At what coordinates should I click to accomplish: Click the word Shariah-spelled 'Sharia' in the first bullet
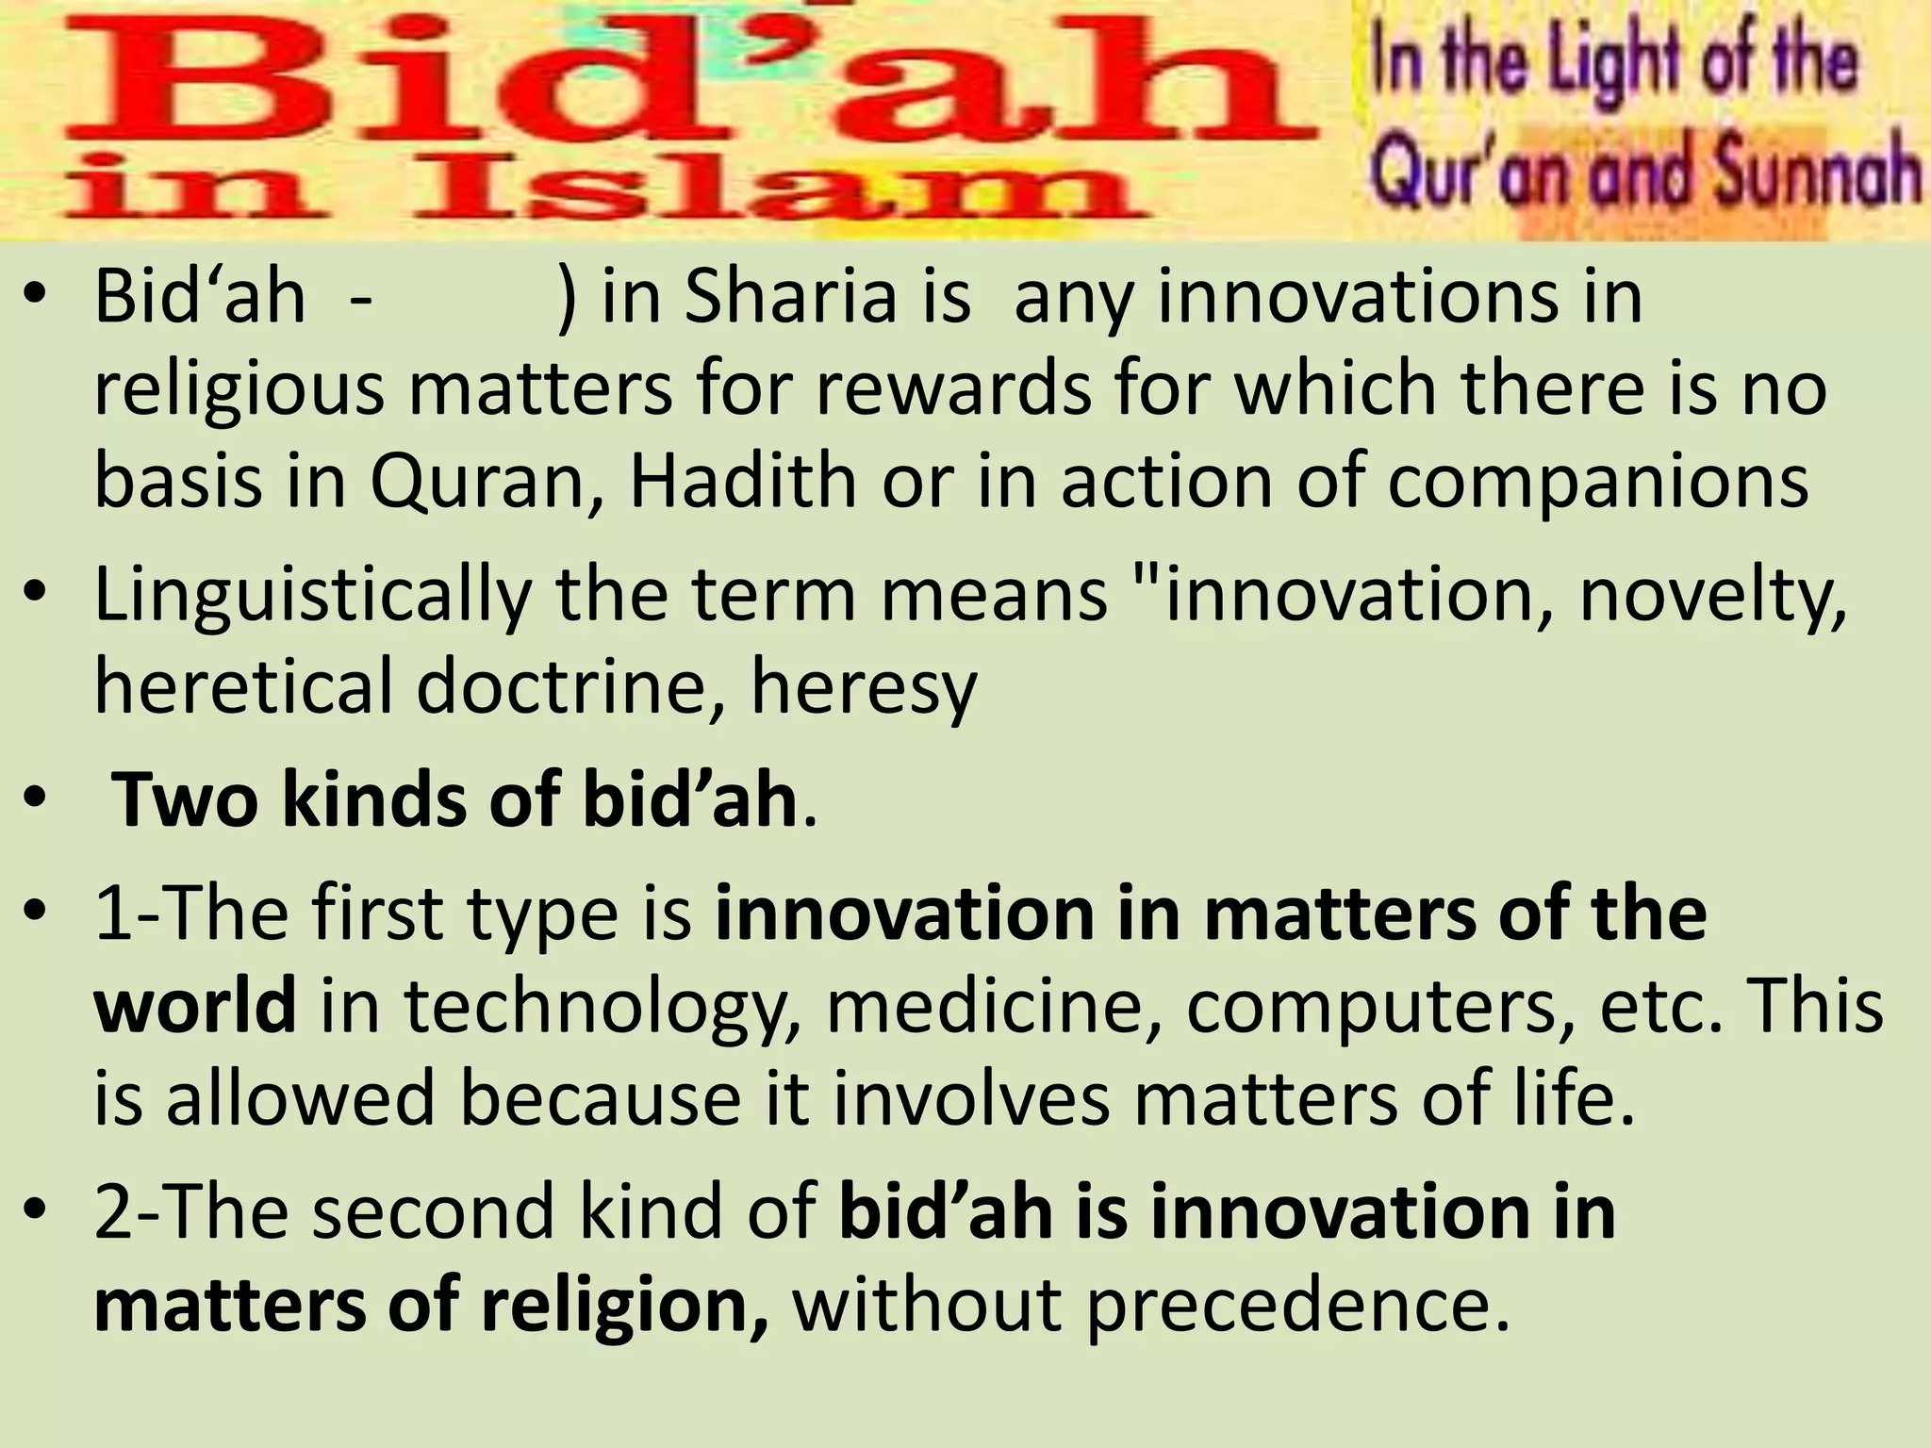coord(789,298)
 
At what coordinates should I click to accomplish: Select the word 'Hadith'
coord(743,482)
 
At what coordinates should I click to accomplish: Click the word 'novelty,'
coord(1712,597)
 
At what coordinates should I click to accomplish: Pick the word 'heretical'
coord(243,685)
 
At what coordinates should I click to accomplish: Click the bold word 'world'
coord(196,1006)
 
